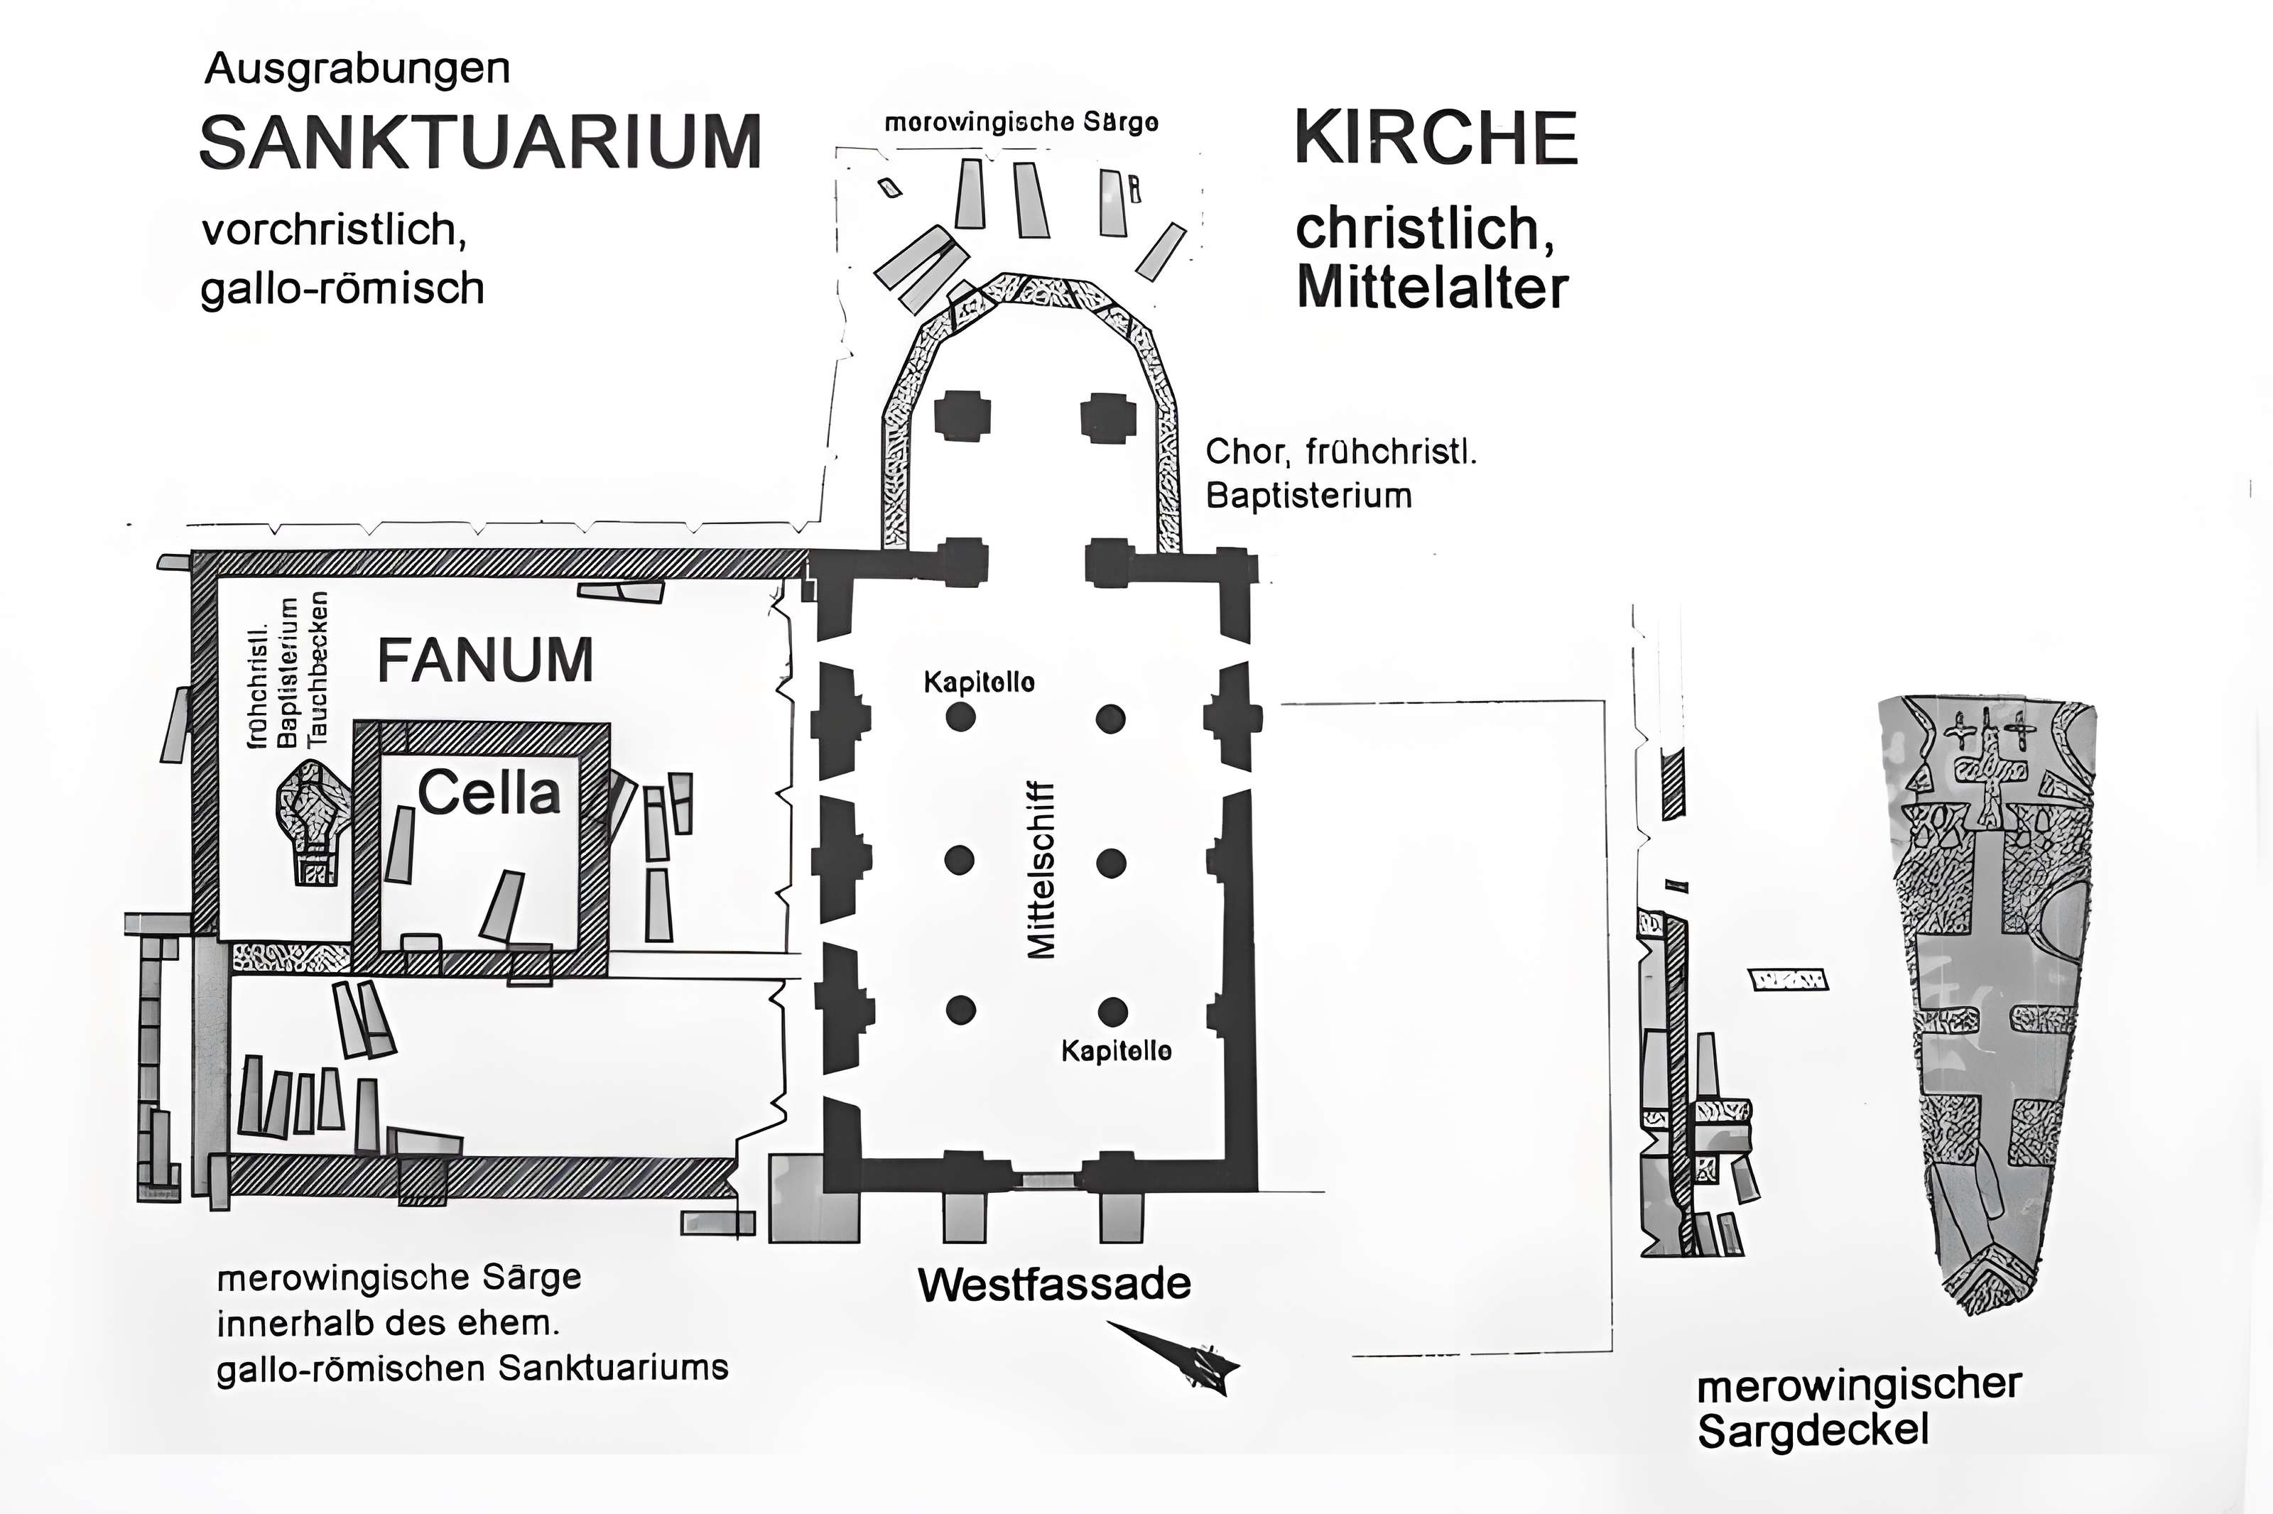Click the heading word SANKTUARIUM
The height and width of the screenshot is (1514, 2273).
[480, 143]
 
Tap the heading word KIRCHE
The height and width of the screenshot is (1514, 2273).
[1435, 137]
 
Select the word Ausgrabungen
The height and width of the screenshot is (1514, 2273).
[357, 70]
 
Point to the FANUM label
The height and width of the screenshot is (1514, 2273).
[484, 661]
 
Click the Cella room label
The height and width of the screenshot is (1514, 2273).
[489, 794]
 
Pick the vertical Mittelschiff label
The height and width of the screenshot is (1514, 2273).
[1041, 869]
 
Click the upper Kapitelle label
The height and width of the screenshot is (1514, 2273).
[979, 682]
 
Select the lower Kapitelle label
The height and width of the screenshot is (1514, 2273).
[1116, 1050]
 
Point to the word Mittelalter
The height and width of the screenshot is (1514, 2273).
[1432, 288]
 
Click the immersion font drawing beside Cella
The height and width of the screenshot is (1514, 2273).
[311, 821]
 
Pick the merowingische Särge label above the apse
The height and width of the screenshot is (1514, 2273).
[1021, 123]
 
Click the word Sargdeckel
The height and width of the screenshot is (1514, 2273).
[1813, 1431]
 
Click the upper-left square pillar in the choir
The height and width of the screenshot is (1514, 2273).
[962, 416]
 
